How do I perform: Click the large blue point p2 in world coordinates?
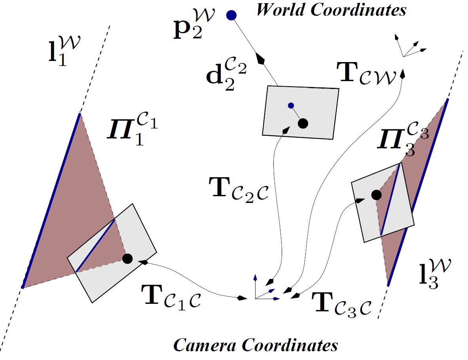point(231,15)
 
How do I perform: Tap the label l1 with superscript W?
point(63,51)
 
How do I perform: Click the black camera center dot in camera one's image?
point(127,259)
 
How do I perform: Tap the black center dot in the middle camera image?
point(303,123)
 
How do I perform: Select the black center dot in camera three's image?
point(376,195)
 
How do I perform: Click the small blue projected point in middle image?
point(291,105)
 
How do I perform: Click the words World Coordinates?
point(331,10)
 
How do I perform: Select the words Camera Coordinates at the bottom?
point(256,345)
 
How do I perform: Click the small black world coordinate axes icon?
point(407,45)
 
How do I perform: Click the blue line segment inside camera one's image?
point(96,246)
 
